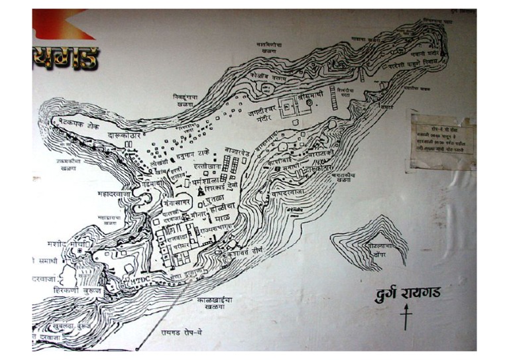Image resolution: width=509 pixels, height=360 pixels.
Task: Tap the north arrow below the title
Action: point(406,317)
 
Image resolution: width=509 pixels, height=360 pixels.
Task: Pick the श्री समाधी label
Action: point(313,96)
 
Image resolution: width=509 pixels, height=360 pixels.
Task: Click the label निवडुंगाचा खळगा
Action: point(185,101)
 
